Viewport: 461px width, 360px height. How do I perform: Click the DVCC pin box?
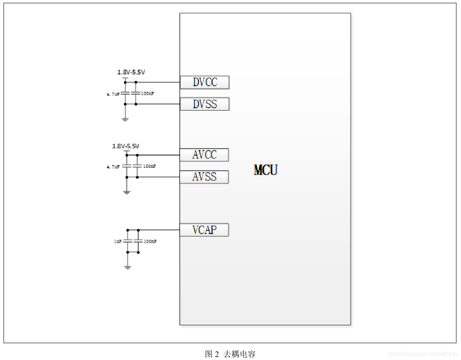point(205,82)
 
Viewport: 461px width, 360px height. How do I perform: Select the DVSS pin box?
point(205,104)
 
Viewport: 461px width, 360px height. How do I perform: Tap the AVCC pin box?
point(204,155)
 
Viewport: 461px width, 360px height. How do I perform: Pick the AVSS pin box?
point(204,177)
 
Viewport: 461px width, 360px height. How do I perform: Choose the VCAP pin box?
point(204,230)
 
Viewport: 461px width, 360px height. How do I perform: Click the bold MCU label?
point(266,170)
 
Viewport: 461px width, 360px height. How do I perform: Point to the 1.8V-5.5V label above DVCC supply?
point(131,72)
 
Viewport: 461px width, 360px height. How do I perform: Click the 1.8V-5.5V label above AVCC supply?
point(126,146)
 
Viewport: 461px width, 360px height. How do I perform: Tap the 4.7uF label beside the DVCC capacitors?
point(113,94)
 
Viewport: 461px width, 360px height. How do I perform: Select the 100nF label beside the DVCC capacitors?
point(147,93)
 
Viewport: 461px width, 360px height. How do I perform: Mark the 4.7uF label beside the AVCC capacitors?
point(113,167)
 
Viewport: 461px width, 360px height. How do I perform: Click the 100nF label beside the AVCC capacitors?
point(149,166)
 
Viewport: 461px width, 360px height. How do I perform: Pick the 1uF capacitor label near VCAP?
point(117,241)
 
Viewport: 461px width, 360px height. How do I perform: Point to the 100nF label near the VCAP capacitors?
point(150,241)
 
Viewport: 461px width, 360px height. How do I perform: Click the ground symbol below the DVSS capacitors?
point(125,119)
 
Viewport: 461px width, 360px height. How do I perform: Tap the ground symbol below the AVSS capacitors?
point(127,192)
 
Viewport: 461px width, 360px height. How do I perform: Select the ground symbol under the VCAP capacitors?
point(128,267)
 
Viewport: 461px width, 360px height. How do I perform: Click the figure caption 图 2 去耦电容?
point(230,354)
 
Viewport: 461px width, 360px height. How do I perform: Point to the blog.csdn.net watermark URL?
point(423,354)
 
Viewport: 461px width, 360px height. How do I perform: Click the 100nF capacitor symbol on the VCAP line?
point(138,241)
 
